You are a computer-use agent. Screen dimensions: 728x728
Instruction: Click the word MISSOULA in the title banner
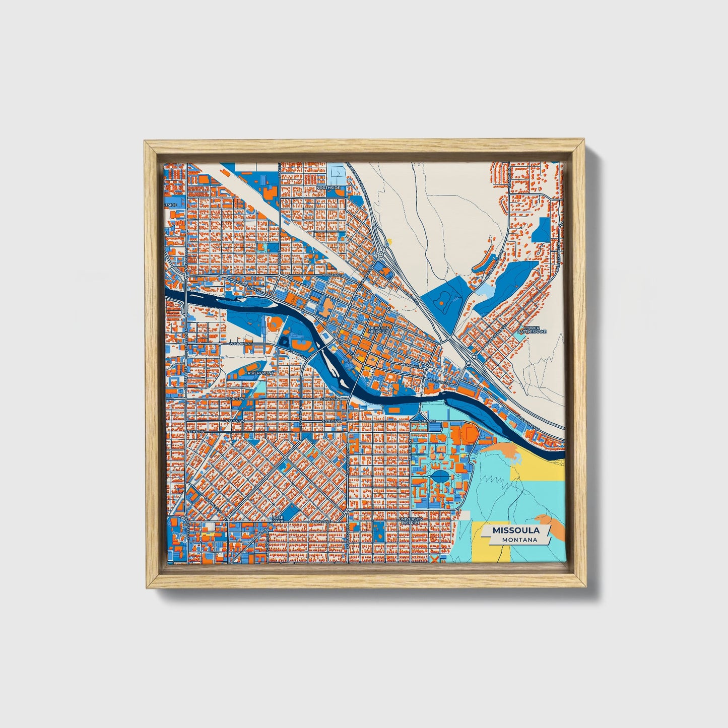coord(516,531)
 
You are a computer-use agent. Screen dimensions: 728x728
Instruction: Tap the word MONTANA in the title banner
coord(518,540)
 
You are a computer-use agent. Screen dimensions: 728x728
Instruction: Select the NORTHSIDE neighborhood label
coord(328,188)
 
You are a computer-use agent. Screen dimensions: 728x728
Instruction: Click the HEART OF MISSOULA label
coord(379,329)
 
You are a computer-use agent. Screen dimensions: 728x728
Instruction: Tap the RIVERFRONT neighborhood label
coord(261,373)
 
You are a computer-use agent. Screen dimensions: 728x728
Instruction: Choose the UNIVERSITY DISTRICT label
coord(410,520)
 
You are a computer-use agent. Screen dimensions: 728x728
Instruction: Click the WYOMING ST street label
coord(241,344)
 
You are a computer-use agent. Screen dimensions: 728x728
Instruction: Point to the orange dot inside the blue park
coord(442,304)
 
